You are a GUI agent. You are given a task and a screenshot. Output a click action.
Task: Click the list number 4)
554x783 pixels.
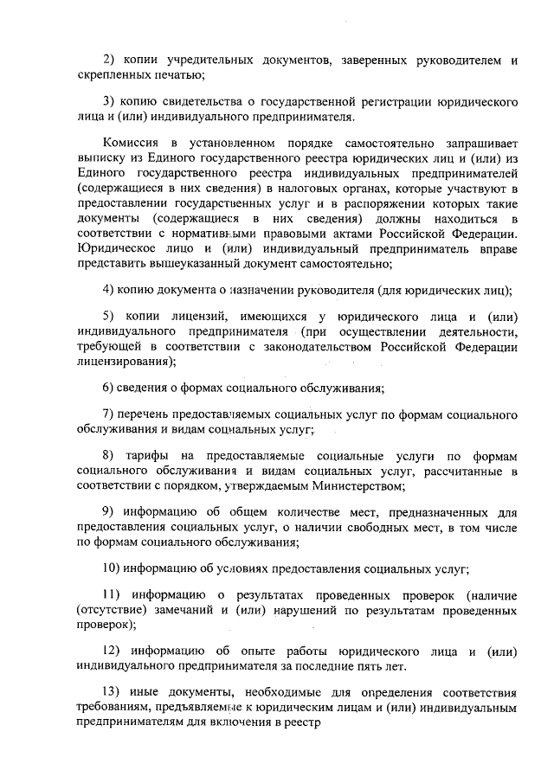109,290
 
